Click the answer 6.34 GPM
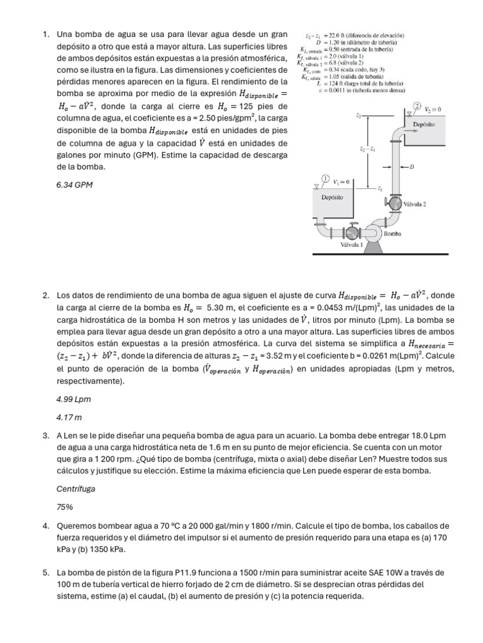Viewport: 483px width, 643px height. point(74,185)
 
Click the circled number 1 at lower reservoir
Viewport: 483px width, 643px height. point(326,178)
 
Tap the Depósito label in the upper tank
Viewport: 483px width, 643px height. point(423,124)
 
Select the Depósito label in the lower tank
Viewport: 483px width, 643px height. point(332,197)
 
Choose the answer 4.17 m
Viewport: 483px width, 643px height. point(70,417)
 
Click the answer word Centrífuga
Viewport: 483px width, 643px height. point(76,488)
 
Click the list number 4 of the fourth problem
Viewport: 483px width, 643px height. point(46,526)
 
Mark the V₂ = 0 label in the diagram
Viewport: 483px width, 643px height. point(434,109)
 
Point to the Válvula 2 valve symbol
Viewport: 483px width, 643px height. point(394,203)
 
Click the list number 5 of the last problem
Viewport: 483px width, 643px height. point(46,573)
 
